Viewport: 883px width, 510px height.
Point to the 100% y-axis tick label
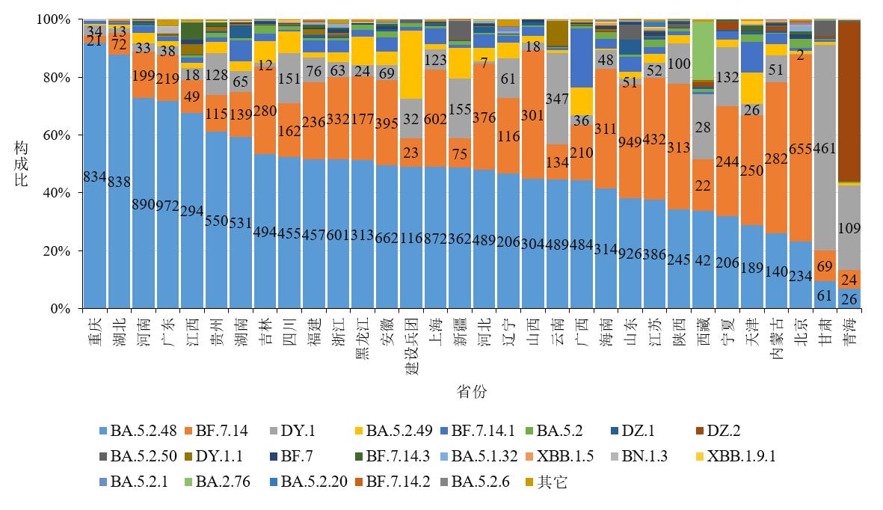54,19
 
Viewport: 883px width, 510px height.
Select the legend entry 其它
553,482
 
